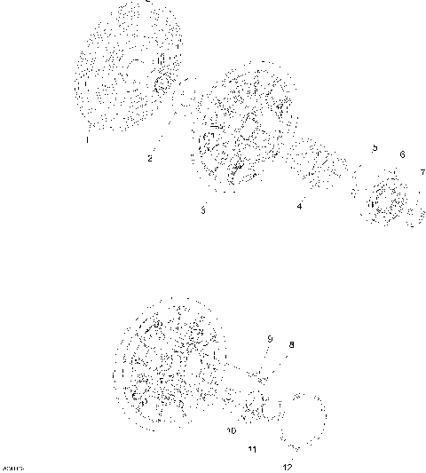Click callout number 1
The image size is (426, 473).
click(88, 139)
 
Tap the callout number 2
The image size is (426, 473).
click(150, 158)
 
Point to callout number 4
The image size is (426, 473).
click(299, 207)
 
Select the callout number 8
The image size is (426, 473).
click(291, 344)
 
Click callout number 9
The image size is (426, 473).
click(270, 339)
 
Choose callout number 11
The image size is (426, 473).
click(252, 450)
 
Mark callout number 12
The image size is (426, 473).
click(287, 466)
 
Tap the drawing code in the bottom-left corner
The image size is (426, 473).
click(12, 467)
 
